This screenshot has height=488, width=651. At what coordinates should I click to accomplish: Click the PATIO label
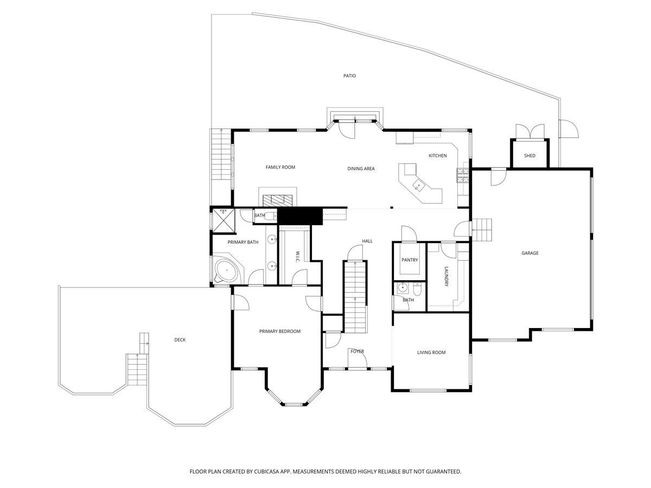point(349,76)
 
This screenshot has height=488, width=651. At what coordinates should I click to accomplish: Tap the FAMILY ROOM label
point(280,167)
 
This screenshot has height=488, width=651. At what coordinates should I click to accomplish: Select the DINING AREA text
point(361,169)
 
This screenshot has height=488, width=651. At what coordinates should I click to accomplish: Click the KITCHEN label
point(437,156)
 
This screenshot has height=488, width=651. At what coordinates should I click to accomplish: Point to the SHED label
point(529,156)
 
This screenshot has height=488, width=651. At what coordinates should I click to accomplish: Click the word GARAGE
point(529,253)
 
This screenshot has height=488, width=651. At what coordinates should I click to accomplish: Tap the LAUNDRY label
point(446,277)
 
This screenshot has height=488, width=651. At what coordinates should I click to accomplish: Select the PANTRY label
point(410,260)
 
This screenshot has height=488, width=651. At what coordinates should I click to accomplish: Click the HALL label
point(367,241)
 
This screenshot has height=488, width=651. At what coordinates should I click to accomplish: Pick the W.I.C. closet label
point(298,257)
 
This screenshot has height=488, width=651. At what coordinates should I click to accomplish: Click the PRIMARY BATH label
point(242,242)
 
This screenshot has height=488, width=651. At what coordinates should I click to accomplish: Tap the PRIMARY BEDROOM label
point(279,331)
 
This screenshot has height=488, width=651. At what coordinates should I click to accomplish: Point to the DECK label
point(180,340)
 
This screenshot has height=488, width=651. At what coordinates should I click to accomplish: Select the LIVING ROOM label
point(431,352)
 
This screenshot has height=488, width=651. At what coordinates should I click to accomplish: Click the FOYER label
point(357,351)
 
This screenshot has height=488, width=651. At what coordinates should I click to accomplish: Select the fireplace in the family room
point(278,199)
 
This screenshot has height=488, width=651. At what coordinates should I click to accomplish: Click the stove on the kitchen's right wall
point(463,175)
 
